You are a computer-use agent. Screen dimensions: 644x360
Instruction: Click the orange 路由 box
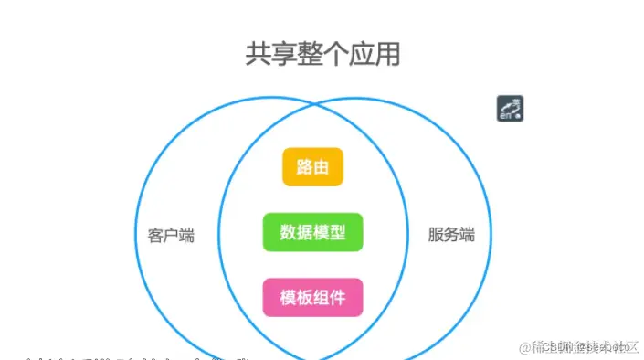point(312,167)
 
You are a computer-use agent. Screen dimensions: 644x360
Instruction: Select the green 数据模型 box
point(312,232)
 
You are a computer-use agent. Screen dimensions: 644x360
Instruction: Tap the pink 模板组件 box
point(312,297)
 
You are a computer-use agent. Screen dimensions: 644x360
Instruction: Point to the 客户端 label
point(171,235)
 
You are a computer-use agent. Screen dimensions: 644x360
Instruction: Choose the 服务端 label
point(451,235)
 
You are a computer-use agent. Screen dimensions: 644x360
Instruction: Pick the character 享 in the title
point(285,54)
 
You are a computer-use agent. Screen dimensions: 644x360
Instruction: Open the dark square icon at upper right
point(510,109)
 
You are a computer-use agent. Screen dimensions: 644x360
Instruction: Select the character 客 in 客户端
point(155,235)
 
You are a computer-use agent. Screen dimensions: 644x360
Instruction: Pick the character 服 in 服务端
point(436,235)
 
